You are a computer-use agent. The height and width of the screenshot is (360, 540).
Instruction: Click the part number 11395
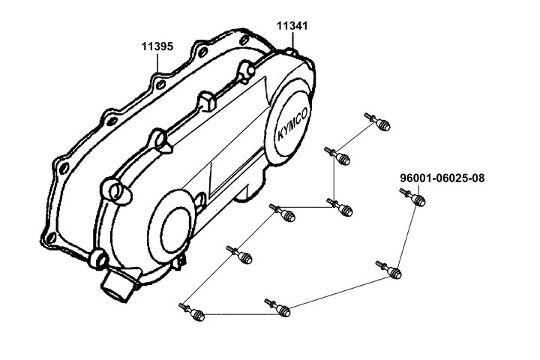click(x=157, y=46)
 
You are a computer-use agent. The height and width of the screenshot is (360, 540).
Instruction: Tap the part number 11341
click(x=292, y=25)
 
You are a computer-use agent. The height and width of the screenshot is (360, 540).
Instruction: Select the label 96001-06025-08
click(x=442, y=178)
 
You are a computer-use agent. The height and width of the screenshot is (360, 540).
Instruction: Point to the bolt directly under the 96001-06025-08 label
click(x=412, y=196)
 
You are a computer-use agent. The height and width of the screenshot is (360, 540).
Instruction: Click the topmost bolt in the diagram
click(x=377, y=122)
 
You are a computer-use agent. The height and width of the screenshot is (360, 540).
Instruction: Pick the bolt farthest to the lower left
click(x=192, y=312)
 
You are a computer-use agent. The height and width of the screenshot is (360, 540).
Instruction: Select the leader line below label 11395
click(x=157, y=62)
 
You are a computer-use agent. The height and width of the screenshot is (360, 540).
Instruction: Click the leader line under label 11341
click(x=292, y=40)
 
